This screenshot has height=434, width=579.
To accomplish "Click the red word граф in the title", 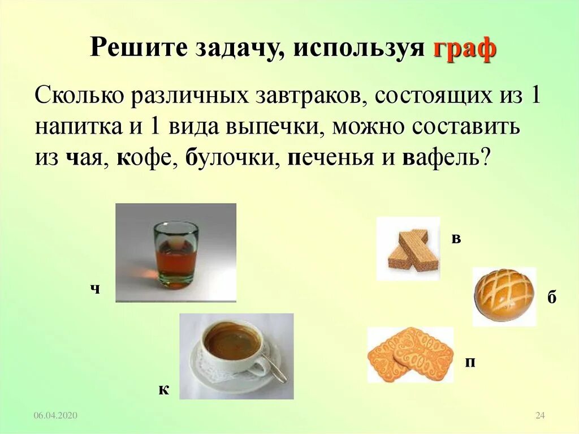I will pyautogui.click(x=465, y=49).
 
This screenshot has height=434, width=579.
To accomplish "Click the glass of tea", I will pyautogui.click(x=176, y=254).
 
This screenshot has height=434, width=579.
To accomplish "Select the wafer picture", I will pyautogui.click(x=408, y=249).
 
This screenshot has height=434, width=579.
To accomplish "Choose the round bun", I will pyautogui.click(x=503, y=295).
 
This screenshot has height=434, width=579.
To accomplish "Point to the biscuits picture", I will pyautogui.click(x=411, y=355).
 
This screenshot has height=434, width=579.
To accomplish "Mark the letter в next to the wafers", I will pyautogui.click(x=456, y=238).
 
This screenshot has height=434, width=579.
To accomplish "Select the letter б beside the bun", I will pyautogui.click(x=552, y=298).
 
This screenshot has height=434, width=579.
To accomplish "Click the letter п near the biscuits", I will pyautogui.click(x=470, y=362).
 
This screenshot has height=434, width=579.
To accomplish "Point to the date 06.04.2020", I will pyautogui.click(x=55, y=416).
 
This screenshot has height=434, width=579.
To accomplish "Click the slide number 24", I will pyautogui.click(x=539, y=416).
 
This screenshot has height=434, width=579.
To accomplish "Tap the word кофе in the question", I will pyautogui.click(x=141, y=157).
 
